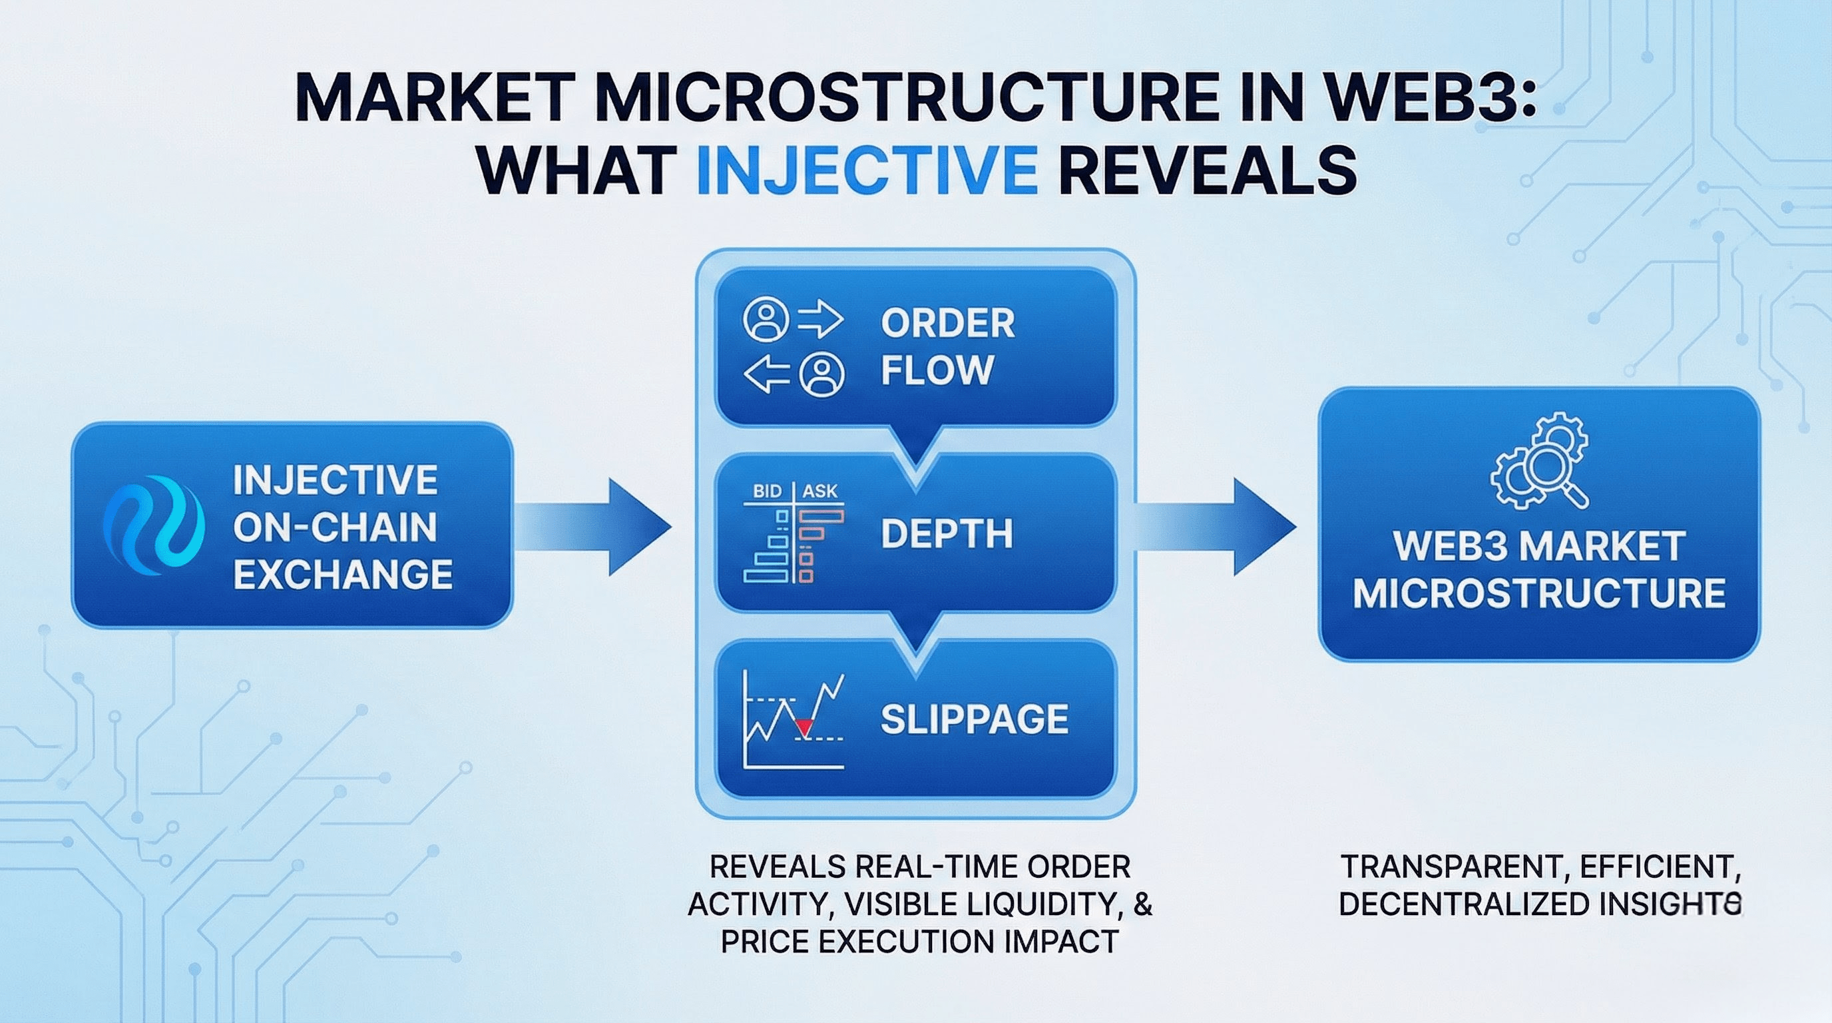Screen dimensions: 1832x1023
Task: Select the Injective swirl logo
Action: [154, 525]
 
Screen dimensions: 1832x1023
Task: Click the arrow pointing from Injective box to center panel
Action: [592, 526]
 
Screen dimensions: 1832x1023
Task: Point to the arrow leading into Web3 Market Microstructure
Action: [1216, 526]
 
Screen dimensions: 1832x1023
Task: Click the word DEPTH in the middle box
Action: [947, 533]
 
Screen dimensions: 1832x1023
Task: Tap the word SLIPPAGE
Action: [975, 719]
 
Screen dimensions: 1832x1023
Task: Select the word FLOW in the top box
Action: [937, 370]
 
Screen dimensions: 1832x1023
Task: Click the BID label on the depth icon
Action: [768, 491]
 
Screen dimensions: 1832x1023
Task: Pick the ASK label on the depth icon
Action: [820, 491]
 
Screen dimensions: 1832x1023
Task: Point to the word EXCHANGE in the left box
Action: [343, 574]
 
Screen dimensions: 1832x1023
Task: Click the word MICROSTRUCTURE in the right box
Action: [1539, 593]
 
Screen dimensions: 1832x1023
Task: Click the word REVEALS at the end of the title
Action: [1207, 171]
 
